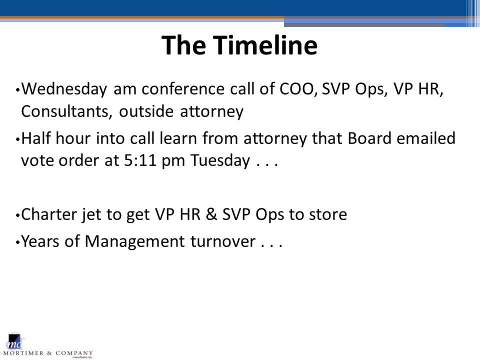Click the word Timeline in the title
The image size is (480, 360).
click(265, 45)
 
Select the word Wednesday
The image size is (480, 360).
click(64, 89)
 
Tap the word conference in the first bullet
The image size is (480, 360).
click(183, 89)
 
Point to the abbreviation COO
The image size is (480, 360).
click(297, 89)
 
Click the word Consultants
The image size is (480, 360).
click(65, 111)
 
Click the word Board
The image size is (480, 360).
click(369, 138)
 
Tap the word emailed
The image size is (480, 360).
click(426, 138)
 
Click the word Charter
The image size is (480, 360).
click(48, 214)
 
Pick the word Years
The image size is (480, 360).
click(40, 241)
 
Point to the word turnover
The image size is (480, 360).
click(223, 241)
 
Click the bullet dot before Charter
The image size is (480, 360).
click(17, 215)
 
